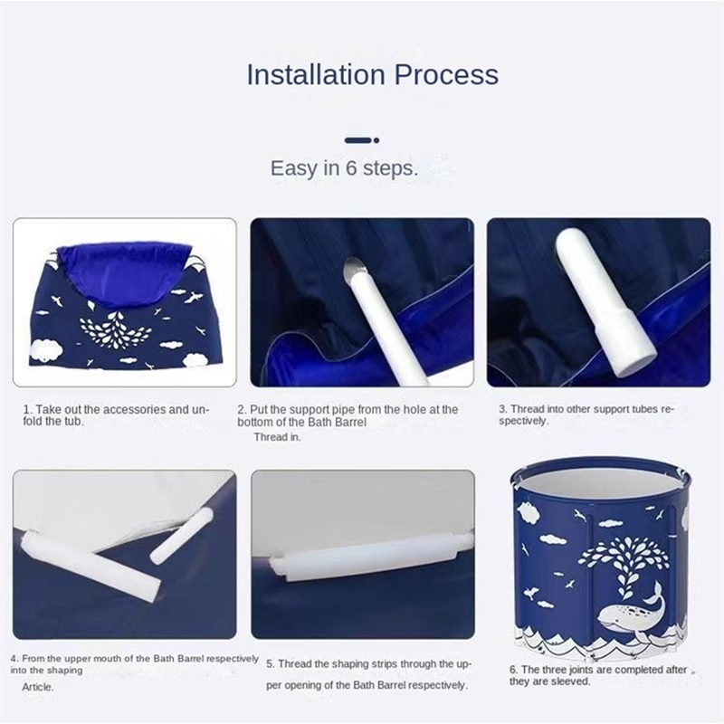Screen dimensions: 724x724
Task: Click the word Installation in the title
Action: pos(316,74)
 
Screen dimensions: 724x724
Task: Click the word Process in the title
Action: pos(446,74)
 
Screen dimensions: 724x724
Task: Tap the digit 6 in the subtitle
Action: pos(351,168)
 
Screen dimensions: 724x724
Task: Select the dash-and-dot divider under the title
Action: pos(362,140)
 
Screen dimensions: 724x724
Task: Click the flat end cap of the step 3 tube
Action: pos(636,363)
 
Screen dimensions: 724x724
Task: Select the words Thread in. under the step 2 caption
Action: pos(278,437)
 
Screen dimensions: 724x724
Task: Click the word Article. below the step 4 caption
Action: pos(38,687)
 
